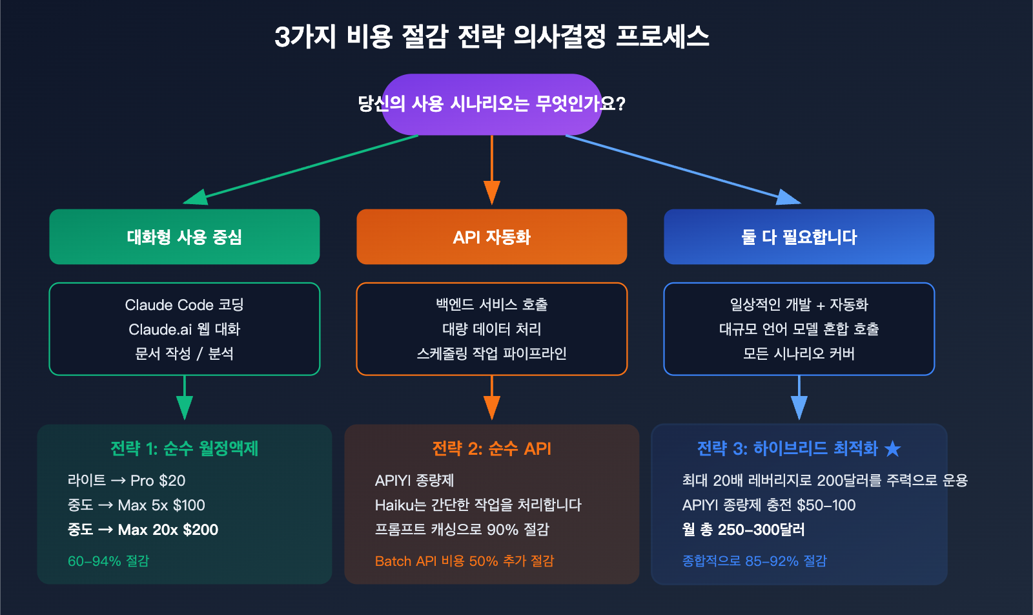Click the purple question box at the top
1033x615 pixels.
492,104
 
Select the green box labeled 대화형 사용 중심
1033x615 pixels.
185,236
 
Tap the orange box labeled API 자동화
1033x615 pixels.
492,236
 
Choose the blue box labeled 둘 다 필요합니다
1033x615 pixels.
799,236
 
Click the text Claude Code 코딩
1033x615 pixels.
185,305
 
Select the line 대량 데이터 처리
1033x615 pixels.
492,329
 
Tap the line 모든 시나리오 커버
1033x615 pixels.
799,354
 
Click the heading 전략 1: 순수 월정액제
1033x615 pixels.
185,448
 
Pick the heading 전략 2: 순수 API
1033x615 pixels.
492,448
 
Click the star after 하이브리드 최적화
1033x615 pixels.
893,448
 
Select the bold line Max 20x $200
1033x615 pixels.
168,530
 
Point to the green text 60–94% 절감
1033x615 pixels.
108,561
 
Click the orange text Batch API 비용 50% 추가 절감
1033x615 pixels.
464,561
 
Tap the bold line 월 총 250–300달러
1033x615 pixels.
744,530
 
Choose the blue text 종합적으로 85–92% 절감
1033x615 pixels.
754,561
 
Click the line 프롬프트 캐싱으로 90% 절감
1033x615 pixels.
462,530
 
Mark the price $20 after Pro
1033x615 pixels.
172,481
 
